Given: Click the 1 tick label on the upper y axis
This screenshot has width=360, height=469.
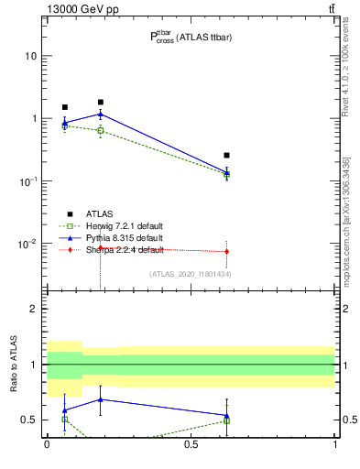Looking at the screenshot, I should [x=34, y=119].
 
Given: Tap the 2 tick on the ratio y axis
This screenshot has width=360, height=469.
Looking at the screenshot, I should [x=34, y=310].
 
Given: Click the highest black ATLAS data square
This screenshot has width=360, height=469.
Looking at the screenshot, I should [x=101, y=102].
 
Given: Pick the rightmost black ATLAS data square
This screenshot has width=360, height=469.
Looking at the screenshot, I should [x=226, y=155].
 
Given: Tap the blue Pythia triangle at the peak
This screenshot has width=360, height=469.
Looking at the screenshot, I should [x=101, y=114].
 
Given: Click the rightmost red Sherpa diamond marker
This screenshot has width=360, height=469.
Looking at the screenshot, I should [x=226, y=251].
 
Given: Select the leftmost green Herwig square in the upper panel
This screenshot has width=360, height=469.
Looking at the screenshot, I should [x=65, y=126].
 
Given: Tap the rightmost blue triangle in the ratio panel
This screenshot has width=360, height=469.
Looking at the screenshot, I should [x=226, y=415].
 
